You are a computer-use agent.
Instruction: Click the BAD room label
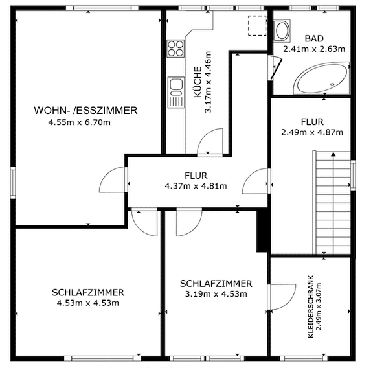(314, 38)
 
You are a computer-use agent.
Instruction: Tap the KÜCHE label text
(198, 82)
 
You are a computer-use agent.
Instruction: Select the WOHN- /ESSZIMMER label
(85, 110)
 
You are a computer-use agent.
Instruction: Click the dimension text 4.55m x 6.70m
(79, 122)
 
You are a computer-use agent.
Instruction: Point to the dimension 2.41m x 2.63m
(314, 49)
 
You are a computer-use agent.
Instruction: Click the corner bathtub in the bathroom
(322, 78)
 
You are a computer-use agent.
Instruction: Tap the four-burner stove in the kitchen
(175, 49)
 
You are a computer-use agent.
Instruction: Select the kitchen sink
(176, 92)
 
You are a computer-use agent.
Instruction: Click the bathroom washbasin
(282, 30)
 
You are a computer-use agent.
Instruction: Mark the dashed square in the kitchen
(257, 26)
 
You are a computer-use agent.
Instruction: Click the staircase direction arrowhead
(333, 154)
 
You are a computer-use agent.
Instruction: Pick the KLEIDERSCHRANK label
(311, 306)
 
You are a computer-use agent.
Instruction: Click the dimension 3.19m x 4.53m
(216, 294)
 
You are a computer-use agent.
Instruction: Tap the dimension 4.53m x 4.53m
(88, 303)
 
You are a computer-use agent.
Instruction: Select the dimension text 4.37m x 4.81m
(196, 186)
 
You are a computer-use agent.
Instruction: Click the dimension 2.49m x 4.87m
(312, 132)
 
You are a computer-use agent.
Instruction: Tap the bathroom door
(277, 69)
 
